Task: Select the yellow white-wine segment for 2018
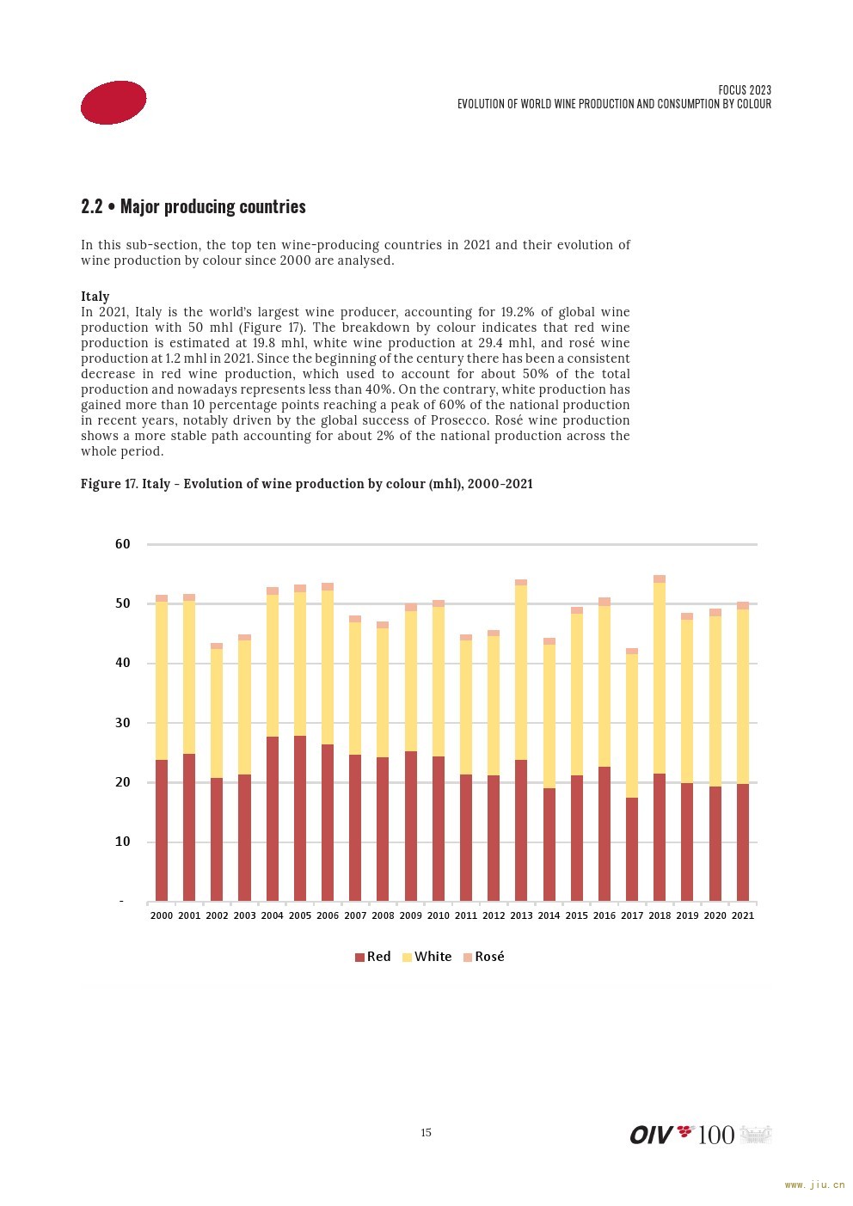(660, 678)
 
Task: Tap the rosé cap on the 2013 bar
(521, 582)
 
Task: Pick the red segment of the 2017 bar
(632, 849)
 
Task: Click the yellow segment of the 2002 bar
(217, 713)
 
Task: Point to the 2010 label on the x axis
(438, 915)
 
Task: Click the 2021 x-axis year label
(743, 915)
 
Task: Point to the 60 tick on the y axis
(122, 544)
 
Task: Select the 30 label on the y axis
(122, 723)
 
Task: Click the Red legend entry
(372, 956)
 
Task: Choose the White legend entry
(427, 956)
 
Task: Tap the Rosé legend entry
(483, 956)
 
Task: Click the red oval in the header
(114, 103)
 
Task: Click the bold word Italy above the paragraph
(95, 296)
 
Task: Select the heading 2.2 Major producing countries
(193, 207)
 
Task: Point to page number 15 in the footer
(426, 1132)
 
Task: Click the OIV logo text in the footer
(651, 1135)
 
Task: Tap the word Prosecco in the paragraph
(459, 420)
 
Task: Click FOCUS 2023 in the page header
(745, 90)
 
